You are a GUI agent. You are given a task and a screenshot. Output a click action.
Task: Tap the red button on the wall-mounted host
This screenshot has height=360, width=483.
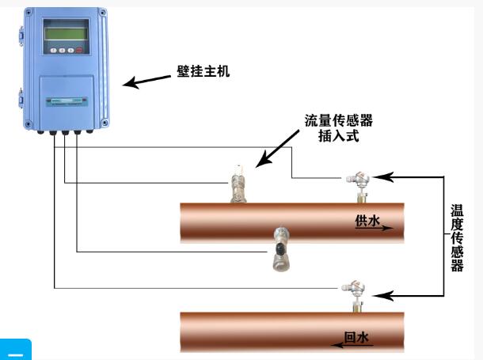(79, 50)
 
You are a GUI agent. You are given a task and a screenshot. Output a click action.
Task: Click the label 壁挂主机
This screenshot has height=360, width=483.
(203, 71)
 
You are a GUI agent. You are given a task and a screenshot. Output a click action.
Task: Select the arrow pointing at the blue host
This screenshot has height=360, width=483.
(146, 81)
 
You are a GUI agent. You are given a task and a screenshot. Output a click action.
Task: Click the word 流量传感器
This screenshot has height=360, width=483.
(338, 120)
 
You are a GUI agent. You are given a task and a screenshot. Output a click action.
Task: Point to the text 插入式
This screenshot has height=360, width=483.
(338, 136)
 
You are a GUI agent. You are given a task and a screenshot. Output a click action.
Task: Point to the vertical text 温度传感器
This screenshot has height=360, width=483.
(457, 237)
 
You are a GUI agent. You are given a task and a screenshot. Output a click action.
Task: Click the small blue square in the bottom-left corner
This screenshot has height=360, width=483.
(15, 350)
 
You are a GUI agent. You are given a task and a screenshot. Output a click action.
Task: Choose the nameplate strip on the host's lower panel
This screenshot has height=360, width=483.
(66, 100)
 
